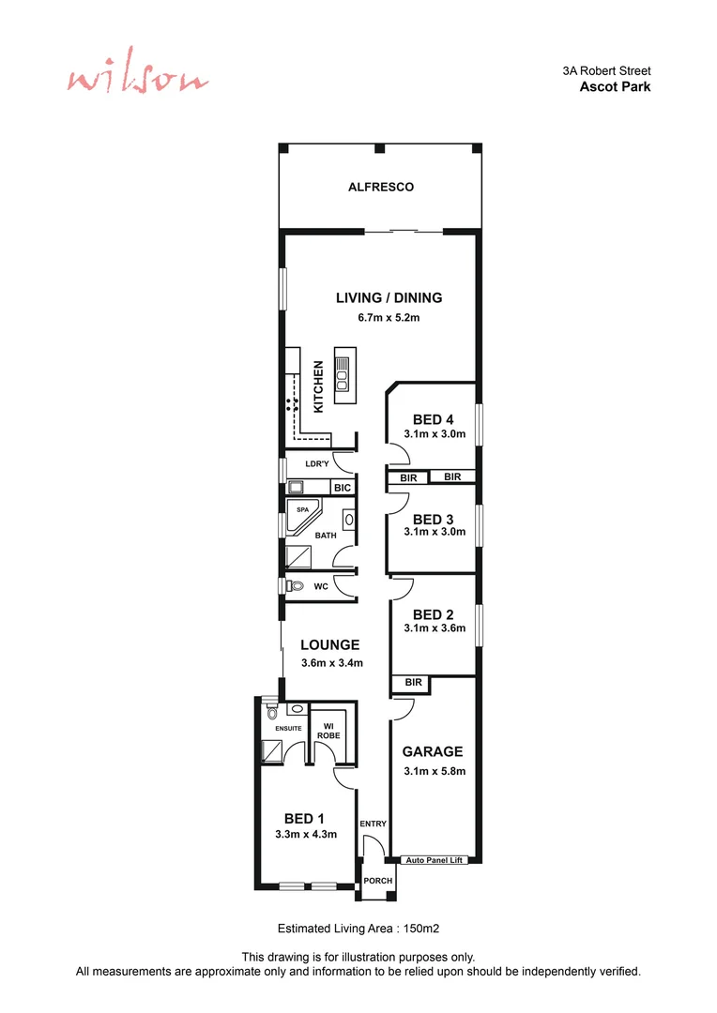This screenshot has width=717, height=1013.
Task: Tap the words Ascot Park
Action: point(615,86)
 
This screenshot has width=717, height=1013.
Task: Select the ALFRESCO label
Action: point(381,187)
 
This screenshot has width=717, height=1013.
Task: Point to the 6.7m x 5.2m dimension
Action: point(388,317)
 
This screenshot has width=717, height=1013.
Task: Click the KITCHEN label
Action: point(319,386)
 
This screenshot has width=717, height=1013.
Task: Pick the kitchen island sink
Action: point(343,379)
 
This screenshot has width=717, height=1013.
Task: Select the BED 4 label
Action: point(434,419)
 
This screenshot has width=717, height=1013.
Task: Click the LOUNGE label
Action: point(330,644)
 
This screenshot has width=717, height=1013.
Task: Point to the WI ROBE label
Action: point(329,730)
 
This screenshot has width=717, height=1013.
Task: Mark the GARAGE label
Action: point(433,751)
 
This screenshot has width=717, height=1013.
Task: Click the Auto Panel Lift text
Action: point(435,859)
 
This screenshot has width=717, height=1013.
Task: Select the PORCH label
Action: point(377,881)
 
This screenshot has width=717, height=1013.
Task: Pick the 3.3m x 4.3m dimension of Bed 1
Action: point(305,834)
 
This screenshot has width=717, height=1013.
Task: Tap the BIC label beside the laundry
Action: point(343,488)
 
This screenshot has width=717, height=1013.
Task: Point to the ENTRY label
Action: point(373,824)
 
